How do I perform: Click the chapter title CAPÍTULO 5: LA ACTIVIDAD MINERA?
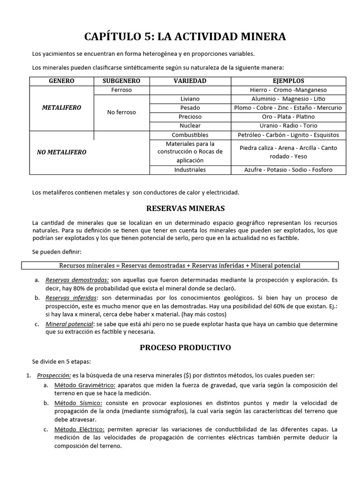click(184, 37)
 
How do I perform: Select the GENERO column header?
click(61, 81)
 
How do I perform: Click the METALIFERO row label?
click(61, 108)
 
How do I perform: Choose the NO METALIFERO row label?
click(61, 152)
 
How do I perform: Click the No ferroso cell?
click(121, 112)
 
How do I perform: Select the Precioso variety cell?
click(190, 117)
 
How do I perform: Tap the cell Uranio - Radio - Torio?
click(288, 126)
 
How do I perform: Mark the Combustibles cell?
click(190, 135)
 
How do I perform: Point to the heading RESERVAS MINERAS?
click(186, 208)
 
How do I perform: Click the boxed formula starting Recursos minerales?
click(180, 266)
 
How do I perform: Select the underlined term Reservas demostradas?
click(77, 280)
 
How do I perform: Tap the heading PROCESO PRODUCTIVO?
click(185, 348)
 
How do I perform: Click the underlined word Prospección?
click(53, 375)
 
